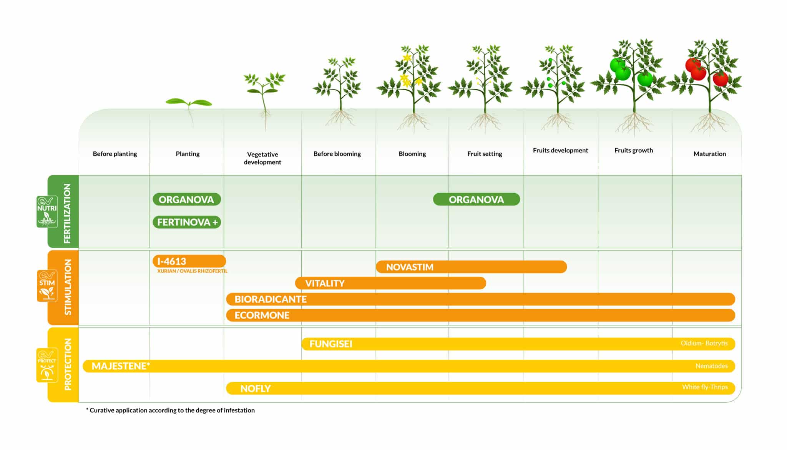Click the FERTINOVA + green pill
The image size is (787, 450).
187,222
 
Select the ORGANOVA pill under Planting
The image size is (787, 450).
187,199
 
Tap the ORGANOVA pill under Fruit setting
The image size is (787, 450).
477,199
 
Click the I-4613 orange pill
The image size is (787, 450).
189,261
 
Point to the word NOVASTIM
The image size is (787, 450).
410,267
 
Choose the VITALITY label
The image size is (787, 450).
325,283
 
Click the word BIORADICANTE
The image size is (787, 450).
271,299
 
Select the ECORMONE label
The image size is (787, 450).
262,315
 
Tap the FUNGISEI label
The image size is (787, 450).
331,344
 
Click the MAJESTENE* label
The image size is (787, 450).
121,366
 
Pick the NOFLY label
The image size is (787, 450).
256,389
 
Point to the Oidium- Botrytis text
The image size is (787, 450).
704,343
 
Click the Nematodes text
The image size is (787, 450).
711,366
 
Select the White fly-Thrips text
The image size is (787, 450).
705,387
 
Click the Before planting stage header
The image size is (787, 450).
115,154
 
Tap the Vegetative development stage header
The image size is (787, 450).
262,158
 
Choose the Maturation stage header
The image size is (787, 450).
710,154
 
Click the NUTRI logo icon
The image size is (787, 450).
47,212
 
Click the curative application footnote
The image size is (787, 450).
170,410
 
